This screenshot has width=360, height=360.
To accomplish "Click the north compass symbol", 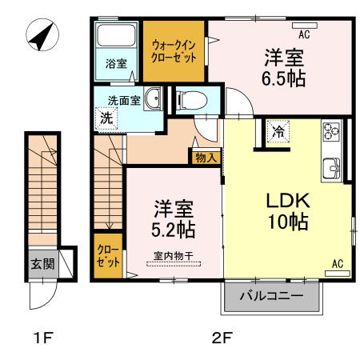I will click(x=40, y=36).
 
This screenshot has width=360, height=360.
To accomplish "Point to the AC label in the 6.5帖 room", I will click(x=304, y=34).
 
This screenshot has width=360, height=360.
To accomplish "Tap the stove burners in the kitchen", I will click(x=330, y=131).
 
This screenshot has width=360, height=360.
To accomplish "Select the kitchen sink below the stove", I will click(x=332, y=167).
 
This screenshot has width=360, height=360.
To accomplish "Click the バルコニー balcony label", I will click(x=271, y=297).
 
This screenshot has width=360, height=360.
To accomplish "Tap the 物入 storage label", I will click(x=206, y=158).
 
